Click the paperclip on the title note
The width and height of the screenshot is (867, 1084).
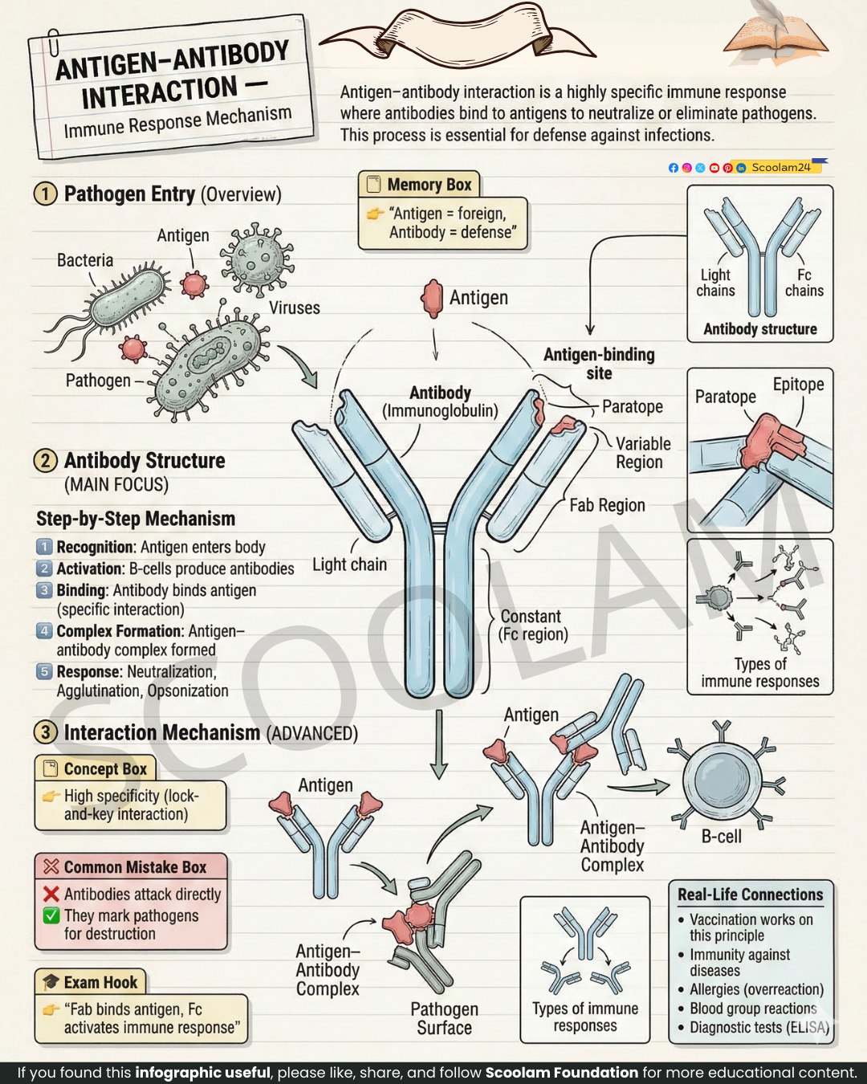[53, 43]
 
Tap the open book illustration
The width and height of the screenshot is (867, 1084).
[775, 38]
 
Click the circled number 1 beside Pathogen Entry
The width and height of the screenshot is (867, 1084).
[45, 194]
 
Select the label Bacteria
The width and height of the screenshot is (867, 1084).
[85, 260]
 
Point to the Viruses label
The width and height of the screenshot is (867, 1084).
[294, 308]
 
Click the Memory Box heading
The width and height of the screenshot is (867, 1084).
[429, 185]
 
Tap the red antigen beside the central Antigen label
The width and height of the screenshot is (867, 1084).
[432, 299]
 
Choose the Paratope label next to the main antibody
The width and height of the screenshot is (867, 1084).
[633, 406]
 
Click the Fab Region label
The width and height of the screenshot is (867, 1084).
[607, 505]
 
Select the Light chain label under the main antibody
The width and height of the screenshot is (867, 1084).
[350, 564]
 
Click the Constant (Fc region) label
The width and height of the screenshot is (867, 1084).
[533, 626]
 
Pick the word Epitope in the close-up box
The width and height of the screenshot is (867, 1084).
[799, 385]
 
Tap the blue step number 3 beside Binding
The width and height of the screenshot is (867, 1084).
[44, 590]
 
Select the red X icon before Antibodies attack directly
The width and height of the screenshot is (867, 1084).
[51, 894]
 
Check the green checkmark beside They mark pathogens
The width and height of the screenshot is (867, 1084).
[51, 915]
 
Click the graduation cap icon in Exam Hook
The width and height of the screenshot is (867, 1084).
[51, 982]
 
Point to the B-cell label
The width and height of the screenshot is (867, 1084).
[722, 837]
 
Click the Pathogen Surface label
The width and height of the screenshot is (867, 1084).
[444, 1018]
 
